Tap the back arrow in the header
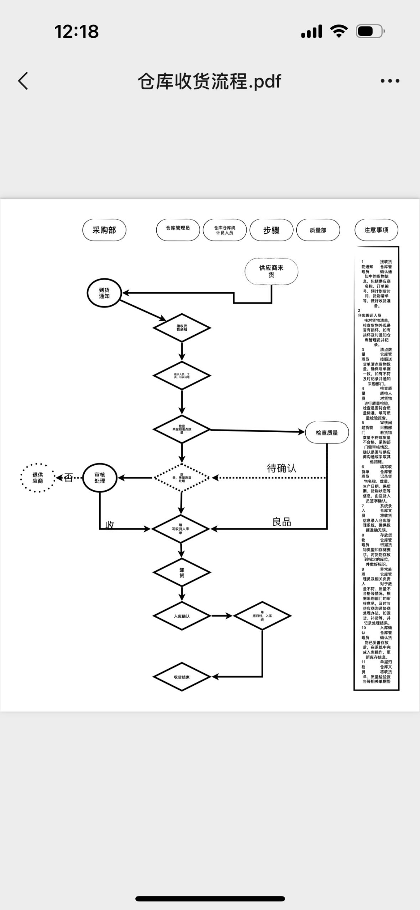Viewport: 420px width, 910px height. (23, 81)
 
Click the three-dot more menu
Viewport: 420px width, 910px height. (390, 81)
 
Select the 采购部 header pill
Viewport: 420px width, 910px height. (104, 230)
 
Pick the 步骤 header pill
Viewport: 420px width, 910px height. (271, 230)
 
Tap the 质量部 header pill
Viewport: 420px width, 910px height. (318, 230)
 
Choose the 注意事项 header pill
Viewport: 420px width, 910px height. (376, 230)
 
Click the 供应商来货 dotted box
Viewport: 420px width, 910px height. (271, 271)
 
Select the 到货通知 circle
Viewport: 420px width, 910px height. (104, 293)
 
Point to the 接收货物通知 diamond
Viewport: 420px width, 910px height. (182, 328)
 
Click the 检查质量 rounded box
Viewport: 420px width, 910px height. (327, 433)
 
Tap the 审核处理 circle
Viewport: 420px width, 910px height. (100, 478)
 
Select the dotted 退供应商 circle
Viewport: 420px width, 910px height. (38, 478)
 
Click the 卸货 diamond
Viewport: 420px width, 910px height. (182, 573)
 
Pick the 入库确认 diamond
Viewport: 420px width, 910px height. (182, 616)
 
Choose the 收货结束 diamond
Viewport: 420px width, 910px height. (182, 677)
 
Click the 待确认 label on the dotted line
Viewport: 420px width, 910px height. (282, 468)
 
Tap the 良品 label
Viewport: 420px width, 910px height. (282, 522)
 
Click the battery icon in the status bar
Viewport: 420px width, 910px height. (370, 31)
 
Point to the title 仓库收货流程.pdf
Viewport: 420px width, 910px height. (209, 81)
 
